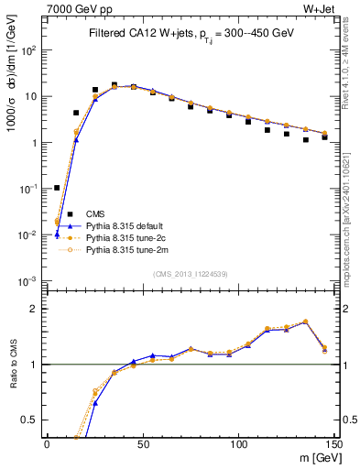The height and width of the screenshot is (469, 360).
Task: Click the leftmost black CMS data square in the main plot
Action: point(57,188)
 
